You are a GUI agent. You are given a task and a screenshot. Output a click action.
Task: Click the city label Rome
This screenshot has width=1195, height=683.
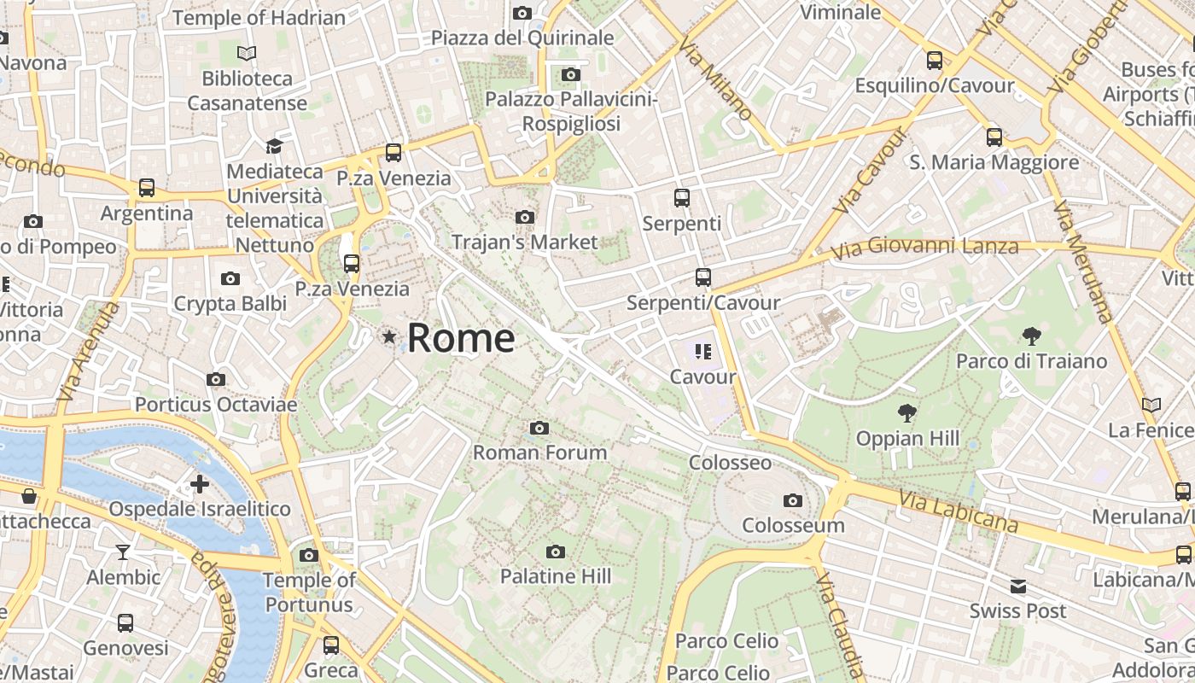460,338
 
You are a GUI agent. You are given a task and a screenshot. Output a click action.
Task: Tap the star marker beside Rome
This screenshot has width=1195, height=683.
389,337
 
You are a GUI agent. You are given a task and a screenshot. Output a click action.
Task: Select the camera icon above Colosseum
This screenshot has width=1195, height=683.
793,500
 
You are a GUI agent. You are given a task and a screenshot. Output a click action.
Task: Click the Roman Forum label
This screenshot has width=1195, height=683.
539,452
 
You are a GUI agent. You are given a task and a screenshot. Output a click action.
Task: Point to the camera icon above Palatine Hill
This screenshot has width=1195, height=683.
556,552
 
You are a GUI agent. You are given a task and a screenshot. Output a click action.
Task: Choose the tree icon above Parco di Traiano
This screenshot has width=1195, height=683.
1031,336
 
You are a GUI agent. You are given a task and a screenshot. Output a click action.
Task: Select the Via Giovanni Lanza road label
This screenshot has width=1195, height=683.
925,248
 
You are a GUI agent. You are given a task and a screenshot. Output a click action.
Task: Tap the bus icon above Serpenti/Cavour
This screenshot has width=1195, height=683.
702,277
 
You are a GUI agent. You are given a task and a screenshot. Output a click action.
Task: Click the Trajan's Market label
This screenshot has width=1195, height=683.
524,242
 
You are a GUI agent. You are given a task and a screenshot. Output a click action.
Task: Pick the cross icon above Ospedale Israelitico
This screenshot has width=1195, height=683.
199,484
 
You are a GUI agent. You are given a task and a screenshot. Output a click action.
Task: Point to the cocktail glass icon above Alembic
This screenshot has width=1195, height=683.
123,552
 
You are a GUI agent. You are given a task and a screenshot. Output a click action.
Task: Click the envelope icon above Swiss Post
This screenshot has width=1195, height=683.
1017,587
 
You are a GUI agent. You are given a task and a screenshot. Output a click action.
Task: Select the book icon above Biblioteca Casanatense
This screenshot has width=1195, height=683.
247,53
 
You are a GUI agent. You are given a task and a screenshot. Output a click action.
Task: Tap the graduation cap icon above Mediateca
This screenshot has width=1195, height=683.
274,146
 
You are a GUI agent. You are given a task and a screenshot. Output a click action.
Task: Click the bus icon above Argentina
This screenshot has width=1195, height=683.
147,188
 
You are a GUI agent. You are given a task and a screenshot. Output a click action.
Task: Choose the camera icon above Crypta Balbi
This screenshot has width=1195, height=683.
230,278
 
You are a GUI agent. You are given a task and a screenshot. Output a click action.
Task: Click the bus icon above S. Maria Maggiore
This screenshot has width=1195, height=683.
994,137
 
